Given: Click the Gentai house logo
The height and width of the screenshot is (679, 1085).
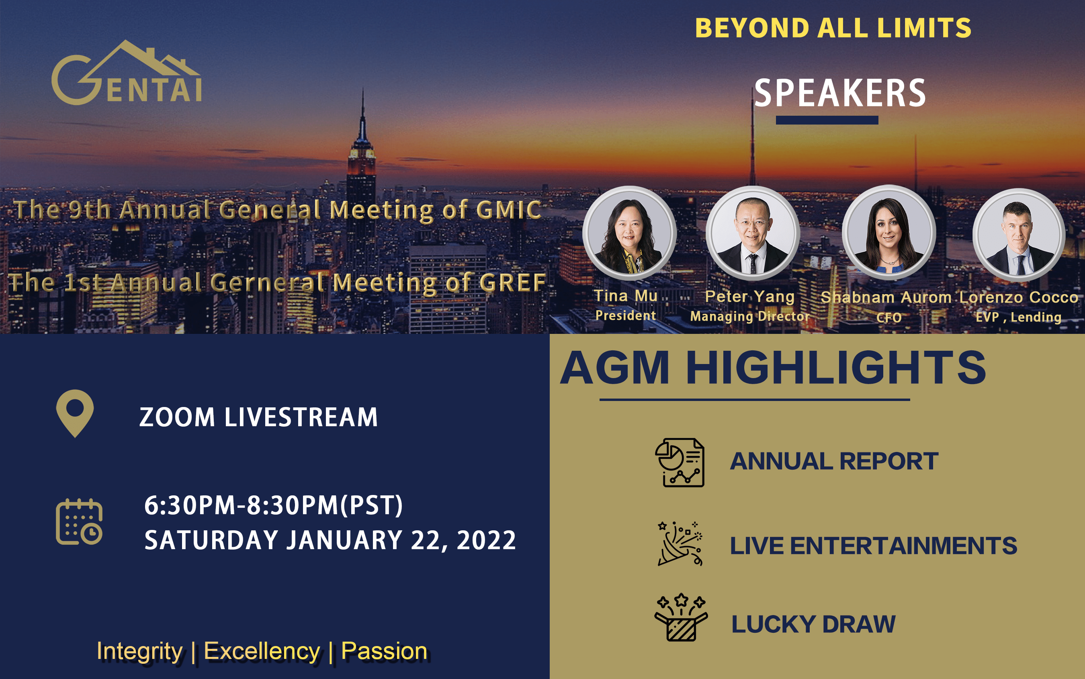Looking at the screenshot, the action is [127, 72].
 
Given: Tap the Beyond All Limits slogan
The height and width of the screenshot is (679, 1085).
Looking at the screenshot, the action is [833, 28].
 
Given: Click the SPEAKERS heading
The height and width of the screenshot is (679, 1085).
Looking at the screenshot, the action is [840, 93].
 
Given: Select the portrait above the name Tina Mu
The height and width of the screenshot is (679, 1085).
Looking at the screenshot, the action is [629, 233].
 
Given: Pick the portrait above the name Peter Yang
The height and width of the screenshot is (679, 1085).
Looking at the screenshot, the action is [753, 233].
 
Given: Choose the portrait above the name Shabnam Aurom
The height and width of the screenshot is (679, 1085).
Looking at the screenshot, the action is [889, 232].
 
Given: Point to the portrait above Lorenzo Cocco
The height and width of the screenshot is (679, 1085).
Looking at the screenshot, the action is [1019, 234].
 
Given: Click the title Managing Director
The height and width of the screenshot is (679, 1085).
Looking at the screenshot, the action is [749, 316].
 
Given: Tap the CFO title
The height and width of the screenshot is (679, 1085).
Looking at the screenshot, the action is [889, 317].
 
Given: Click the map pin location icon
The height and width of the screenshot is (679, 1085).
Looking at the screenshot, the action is [75, 413].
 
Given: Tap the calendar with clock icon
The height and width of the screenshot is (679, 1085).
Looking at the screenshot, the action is [79, 522].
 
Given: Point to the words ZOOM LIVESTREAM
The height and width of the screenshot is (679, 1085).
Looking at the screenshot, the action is [259, 417].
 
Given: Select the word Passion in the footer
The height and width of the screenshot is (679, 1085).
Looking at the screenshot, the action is [385, 651].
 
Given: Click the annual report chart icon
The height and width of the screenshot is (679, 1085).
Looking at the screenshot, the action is [680, 462].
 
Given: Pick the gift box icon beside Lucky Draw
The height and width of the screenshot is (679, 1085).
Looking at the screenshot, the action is [681, 617].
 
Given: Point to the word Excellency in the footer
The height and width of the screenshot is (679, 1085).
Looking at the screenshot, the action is [262, 651].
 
